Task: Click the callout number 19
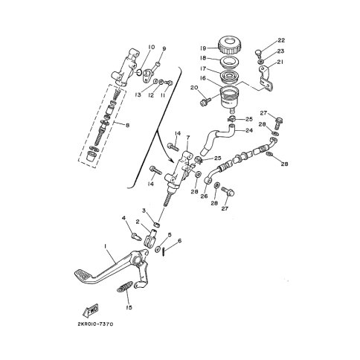click(x=203, y=48)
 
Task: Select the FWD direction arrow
click(x=90, y=310)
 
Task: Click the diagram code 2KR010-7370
click(x=95, y=324)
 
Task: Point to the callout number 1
click(x=106, y=246)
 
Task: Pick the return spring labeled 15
click(x=125, y=287)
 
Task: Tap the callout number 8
click(x=128, y=126)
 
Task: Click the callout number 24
click(x=248, y=130)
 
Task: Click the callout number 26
click(x=204, y=196)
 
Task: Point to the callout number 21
click(x=280, y=62)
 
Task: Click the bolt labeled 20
click(x=205, y=101)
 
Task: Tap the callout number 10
click(x=151, y=47)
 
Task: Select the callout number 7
click(x=188, y=138)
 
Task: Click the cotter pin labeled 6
click(x=164, y=253)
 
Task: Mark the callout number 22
click(x=281, y=40)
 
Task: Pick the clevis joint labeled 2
click(x=150, y=238)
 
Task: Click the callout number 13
click(x=138, y=94)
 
